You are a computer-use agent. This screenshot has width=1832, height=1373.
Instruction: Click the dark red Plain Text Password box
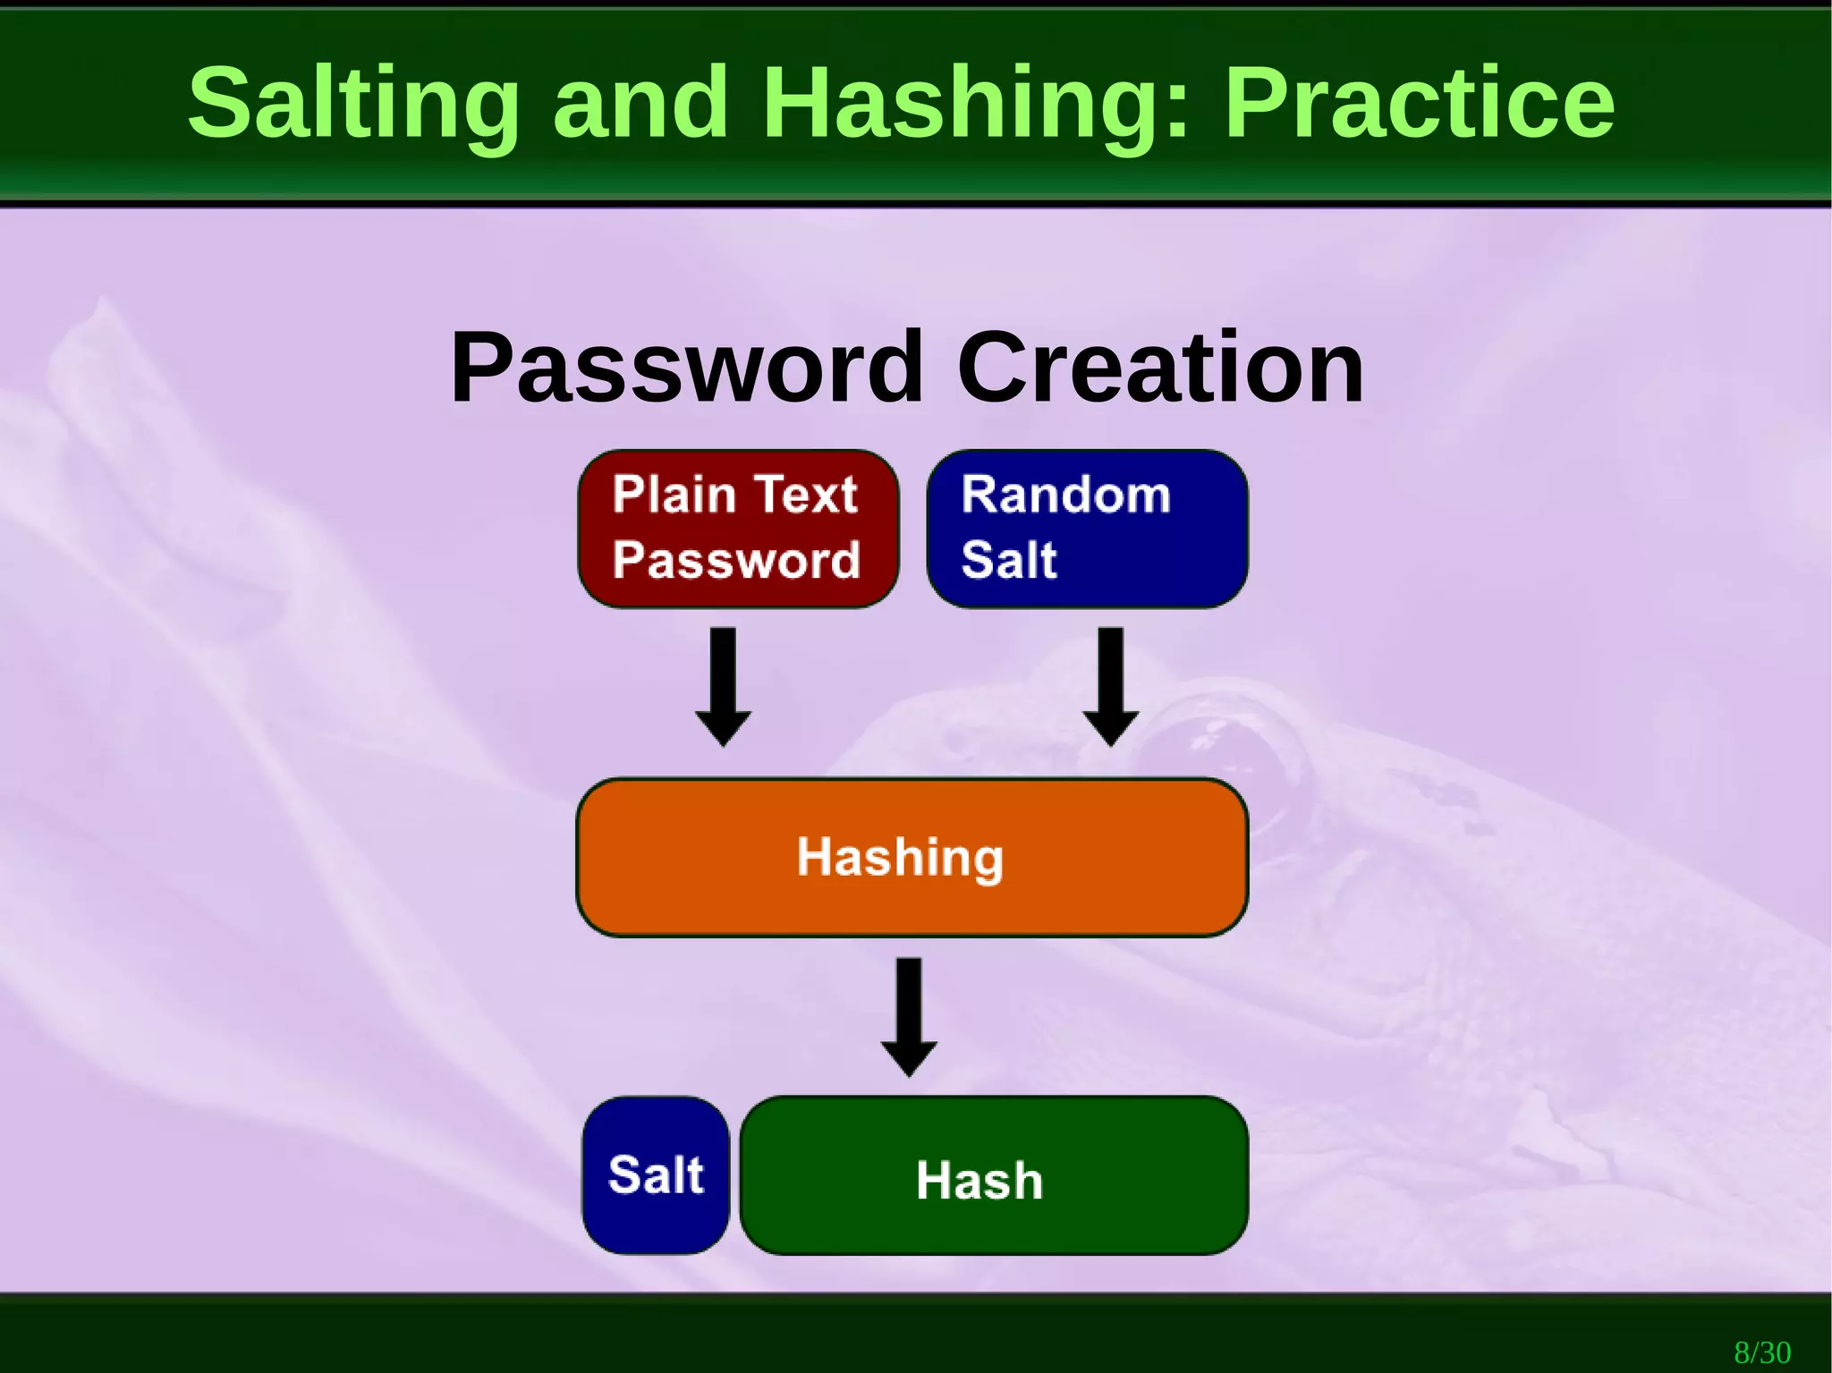(x=738, y=529)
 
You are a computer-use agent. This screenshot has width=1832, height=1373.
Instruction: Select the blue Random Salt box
(x=1087, y=529)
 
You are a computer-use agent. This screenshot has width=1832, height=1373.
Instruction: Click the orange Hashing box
(x=912, y=857)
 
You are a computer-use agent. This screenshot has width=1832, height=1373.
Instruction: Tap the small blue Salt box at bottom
(x=656, y=1174)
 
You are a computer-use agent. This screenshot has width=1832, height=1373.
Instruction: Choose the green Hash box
(x=993, y=1174)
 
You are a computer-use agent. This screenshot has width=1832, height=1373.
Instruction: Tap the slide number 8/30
(x=1762, y=1352)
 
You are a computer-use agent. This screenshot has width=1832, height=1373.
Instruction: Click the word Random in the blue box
(x=1065, y=494)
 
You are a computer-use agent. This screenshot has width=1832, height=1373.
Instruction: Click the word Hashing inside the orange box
(x=900, y=857)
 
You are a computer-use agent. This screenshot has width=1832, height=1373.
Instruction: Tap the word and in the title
(x=640, y=103)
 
